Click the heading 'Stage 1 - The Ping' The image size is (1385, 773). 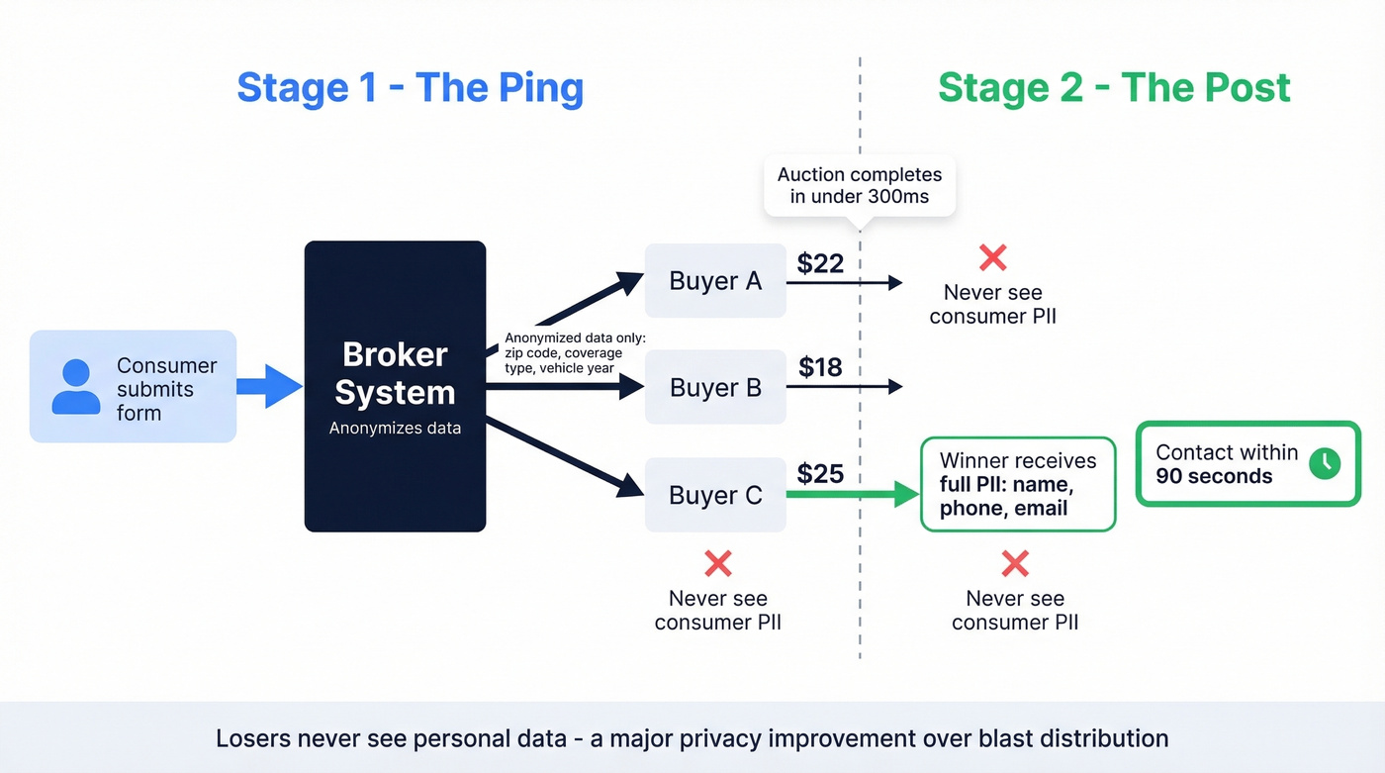(410, 87)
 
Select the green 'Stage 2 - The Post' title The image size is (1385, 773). (1114, 87)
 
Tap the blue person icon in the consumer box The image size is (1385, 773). (76, 386)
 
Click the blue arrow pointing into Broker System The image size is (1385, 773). (269, 385)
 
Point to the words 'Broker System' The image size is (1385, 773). (395, 373)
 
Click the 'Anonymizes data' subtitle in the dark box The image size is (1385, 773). (395, 429)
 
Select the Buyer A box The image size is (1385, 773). (715, 281)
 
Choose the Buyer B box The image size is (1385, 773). (715, 387)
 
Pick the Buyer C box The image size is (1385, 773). (715, 495)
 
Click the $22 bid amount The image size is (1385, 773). (820, 262)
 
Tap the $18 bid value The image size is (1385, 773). (820, 367)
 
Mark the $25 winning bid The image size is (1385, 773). (820, 474)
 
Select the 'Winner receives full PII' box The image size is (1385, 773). (1018, 485)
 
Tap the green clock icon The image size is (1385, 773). (1324, 463)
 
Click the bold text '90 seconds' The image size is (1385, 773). (1214, 476)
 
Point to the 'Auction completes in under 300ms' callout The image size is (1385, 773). (860, 185)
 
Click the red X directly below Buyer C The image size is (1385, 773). (717, 564)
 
